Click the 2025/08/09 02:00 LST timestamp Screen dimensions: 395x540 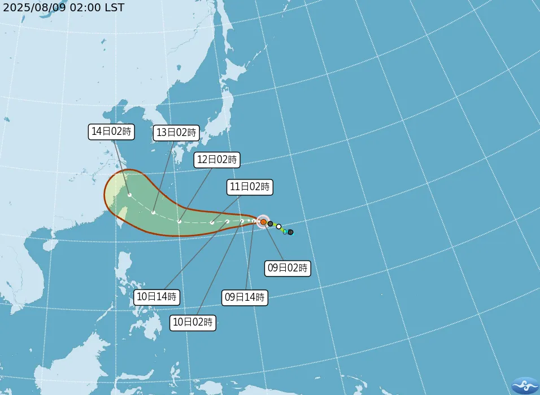tap(63, 7)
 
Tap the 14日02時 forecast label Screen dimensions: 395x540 tap(111, 131)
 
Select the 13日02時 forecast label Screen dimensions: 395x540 tap(176, 133)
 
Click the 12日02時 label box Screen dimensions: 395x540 tap(217, 160)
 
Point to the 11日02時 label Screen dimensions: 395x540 tap(250, 187)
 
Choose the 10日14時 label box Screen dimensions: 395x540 tap(157, 296)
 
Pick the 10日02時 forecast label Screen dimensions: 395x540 tap(193, 322)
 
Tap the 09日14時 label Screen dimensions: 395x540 tap(245, 297)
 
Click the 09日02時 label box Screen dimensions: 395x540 tap(288, 268)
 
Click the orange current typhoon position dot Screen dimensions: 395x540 tap(263, 222)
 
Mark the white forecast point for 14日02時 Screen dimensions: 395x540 tap(130, 195)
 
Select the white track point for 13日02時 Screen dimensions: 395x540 tap(154, 213)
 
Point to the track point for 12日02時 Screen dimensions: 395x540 tap(179, 221)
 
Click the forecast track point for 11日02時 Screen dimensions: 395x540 tap(212, 222)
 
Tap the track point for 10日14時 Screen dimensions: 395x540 tap(227, 221)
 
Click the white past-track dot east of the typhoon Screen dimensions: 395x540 tap(278, 226)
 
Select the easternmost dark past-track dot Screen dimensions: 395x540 tap(290, 232)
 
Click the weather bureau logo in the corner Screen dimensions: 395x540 tap(525, 385)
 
